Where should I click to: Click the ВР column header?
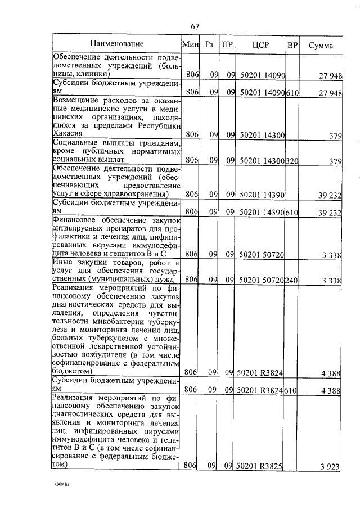coord(292,44)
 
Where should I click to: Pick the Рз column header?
coord(209,44)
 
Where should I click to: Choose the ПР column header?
coord(227,44)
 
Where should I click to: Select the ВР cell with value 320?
coord(292,161)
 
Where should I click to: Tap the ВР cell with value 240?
coord(292,280)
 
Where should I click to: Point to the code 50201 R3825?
coord(260,466)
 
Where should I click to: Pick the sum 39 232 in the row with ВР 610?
coord(330,212)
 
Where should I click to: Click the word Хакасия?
coord(67,134)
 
